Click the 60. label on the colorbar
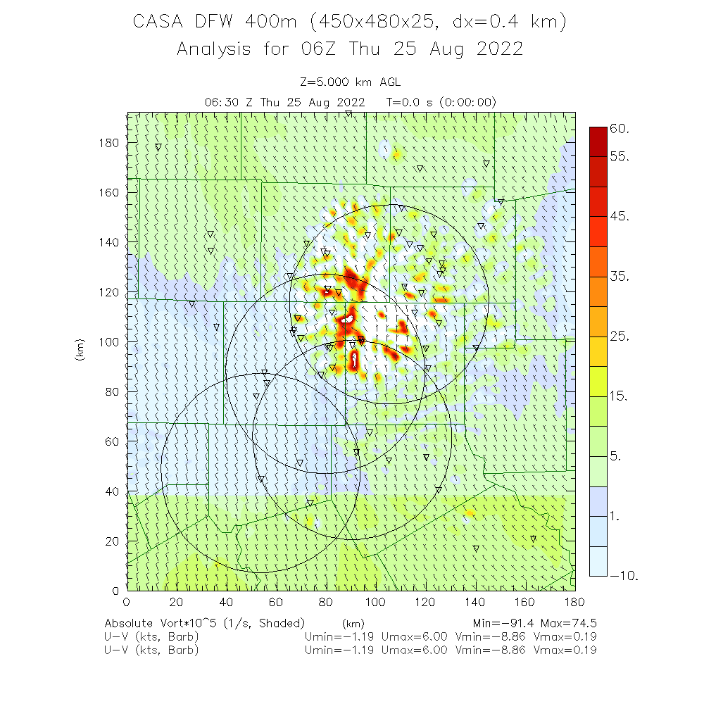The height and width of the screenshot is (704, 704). (x=620, y=129)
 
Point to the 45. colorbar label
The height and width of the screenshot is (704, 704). (x=620, y=217)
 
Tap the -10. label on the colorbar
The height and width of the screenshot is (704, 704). (x=623, y=576)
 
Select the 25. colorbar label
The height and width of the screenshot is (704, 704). (x=620, y=337)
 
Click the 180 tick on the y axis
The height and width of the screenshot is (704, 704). (x=111, y=143)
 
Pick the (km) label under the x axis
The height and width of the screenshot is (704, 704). (x=353, y=623)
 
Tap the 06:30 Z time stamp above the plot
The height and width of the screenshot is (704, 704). (x=228, y=102)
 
